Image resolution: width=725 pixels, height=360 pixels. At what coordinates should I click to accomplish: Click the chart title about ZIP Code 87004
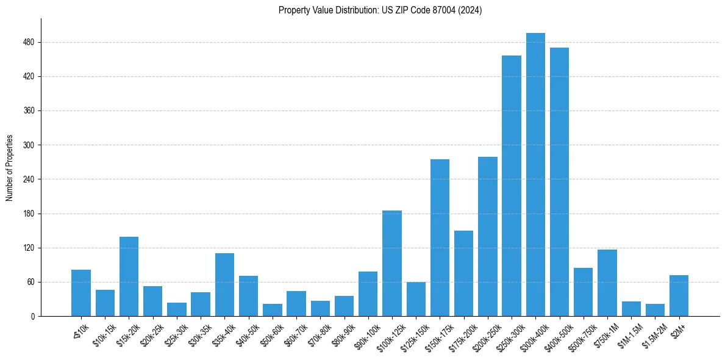click(380, 10)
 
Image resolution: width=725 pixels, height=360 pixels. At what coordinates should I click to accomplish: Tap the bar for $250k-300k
click(512, 186)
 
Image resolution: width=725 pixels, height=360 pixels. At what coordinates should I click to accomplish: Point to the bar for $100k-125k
click(392, 264)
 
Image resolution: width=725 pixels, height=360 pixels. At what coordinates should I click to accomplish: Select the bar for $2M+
click(679, 296)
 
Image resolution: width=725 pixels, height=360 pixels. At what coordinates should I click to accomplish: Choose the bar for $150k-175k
click(440, 238)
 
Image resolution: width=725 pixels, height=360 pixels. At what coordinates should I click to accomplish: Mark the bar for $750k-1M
click(607, 283)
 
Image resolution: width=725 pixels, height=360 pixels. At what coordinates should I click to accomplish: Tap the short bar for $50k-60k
click(273, 310)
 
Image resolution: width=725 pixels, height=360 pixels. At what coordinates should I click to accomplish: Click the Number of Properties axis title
click(9, 168)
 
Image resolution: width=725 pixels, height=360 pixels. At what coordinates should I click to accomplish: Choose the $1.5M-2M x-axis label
click(653, 333)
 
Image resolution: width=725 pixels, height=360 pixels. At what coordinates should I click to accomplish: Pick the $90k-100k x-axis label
click(366, 333)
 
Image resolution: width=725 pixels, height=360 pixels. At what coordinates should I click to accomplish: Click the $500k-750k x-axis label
click(581, 333)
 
